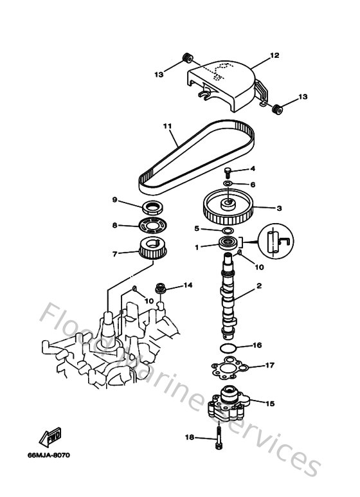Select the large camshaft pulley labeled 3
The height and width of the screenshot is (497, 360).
coord(228,209)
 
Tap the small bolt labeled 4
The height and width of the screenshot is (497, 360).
coord(228,171)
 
